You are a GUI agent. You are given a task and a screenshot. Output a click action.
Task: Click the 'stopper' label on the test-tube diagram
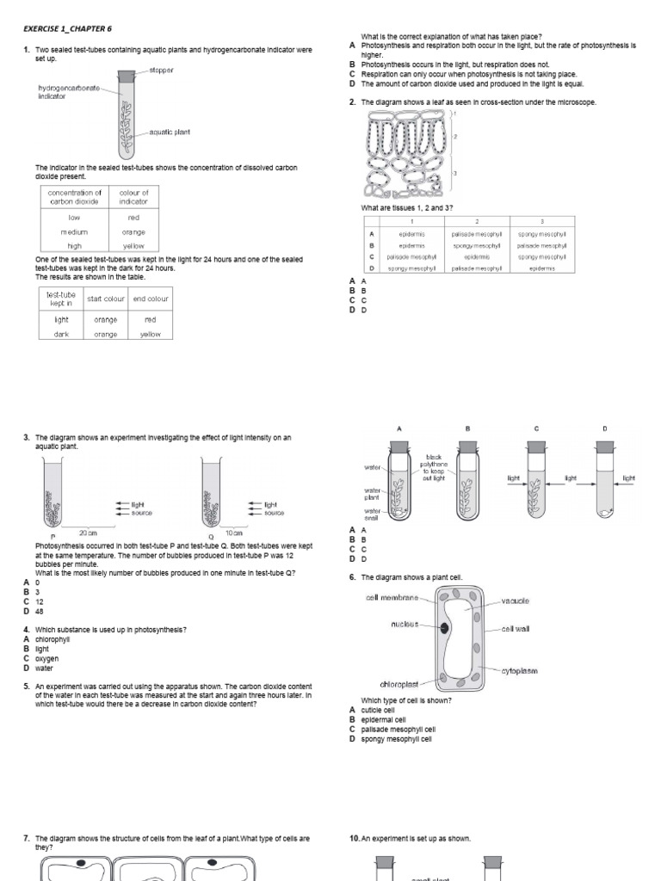pyautogui.click(x=161, y=70)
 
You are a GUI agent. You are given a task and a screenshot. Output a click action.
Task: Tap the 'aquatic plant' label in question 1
pyautogui.click(x=170, y=132)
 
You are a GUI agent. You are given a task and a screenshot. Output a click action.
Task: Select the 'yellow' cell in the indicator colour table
pyautogui.click(x=133, y=246)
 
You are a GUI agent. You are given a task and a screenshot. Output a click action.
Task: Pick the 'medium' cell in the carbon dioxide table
pyautogui.click(x=74, y=232)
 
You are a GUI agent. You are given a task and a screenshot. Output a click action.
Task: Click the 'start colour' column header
pyautogui.click(x=101, y=299)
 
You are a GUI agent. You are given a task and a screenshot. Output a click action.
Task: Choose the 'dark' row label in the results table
pyautogui.click(x=61, y=334)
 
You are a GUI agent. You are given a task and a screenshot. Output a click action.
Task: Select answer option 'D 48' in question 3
pyautogui.click(x=34, y=612)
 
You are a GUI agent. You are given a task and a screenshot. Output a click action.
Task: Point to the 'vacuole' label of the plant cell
pyautogui.click(x=515, y=601)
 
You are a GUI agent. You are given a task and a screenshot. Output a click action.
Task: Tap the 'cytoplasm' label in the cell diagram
pyautogui.click(x=520, y=670)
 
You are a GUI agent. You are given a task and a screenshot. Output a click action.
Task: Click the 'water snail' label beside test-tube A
pyautogui.click(x=372, y=514)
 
